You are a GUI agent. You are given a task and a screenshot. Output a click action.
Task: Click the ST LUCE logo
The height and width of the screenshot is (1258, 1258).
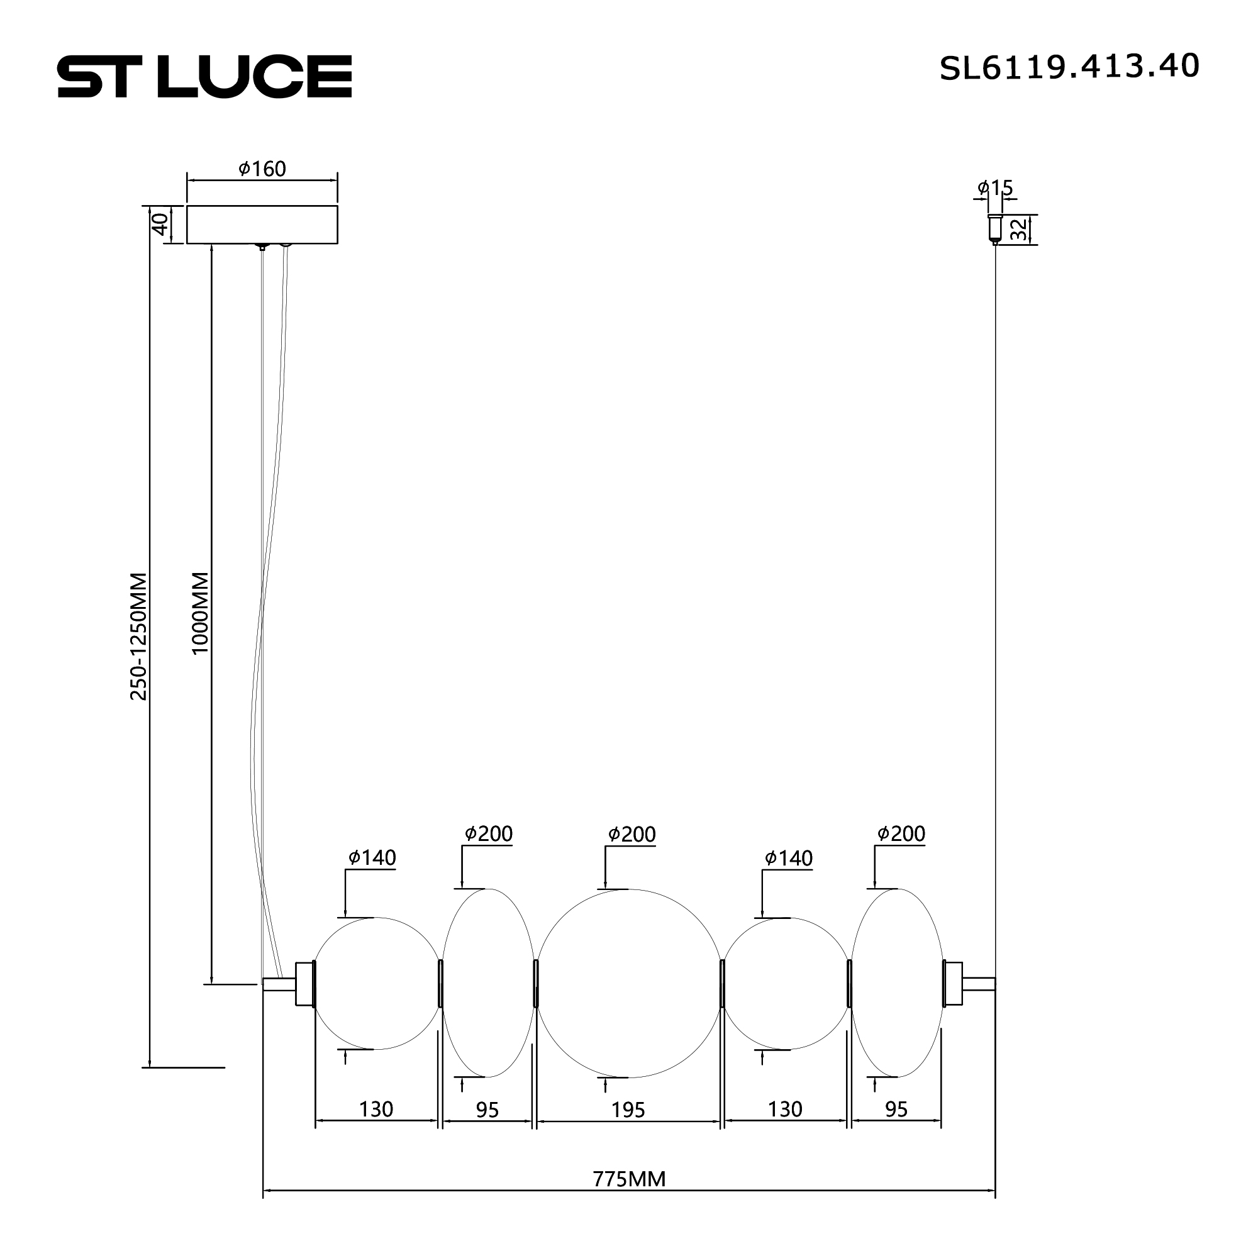coord(204,77)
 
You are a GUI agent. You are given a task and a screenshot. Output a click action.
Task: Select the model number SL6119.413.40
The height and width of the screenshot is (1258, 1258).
coord(1069,67)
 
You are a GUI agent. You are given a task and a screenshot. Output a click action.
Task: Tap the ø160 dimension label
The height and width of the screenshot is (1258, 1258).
coord(262,169)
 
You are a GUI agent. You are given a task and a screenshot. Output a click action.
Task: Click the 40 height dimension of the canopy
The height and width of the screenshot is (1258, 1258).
coord(161,225)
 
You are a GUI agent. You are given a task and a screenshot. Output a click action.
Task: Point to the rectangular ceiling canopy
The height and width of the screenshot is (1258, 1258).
coord(262,225)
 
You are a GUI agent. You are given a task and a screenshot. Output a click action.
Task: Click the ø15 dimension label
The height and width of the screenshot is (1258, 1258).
coord(995,188)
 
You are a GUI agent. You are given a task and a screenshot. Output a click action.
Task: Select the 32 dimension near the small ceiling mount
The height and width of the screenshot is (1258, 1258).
coord(1020,229)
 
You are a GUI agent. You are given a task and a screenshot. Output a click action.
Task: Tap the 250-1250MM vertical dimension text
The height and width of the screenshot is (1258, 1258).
coord(138,636)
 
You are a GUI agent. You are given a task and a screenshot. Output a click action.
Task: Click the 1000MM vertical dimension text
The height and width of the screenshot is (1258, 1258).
coord(200,613)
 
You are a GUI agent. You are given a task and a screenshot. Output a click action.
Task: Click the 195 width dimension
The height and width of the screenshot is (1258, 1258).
coord(628,1110)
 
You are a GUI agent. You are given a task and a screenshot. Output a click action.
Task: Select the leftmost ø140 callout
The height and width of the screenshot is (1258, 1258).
coord(372,857)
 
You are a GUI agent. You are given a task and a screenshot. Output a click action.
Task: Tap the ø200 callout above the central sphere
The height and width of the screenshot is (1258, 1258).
coord(632,834)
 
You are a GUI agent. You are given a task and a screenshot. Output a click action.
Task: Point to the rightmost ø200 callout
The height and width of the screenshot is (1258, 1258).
coord(901,833)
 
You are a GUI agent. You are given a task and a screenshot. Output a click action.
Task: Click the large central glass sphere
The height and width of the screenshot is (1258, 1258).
coord(629,983)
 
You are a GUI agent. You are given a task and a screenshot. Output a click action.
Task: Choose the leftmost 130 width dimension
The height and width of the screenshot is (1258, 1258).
coord(376,1109)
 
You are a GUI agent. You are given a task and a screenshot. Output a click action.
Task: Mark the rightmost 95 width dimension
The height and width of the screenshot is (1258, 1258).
coord(896,1110)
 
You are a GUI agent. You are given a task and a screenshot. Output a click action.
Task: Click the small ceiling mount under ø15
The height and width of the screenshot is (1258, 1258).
coord(994,228)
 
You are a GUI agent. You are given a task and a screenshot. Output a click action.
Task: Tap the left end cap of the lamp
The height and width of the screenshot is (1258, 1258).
coord(304,983)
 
